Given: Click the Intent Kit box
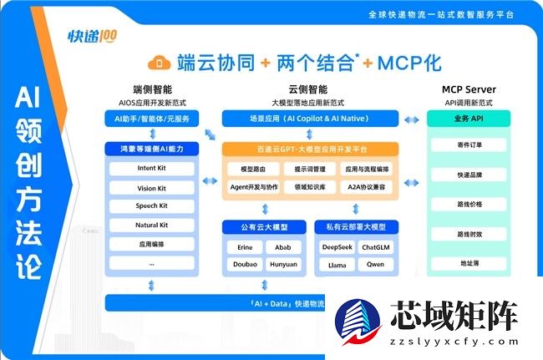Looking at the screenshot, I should tap(152, 167).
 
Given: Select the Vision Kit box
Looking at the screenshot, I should tap(152, 187).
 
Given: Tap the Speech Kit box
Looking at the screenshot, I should tap(152, 205).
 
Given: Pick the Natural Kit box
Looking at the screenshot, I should tap(152, 225).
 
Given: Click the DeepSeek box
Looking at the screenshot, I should tap(337, 247).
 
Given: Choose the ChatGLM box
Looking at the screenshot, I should tap(380, 247).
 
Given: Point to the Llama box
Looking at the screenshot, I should tap(337, 265).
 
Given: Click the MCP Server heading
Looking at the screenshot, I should tap(469, 89).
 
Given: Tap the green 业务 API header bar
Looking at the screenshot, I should tap(469, 119).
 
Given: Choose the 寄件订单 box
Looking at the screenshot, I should tap(469, 145).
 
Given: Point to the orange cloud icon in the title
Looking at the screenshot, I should tap(160, 62).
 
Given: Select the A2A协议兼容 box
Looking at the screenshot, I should tap(368, 187).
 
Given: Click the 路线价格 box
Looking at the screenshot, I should tap(469, 204).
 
